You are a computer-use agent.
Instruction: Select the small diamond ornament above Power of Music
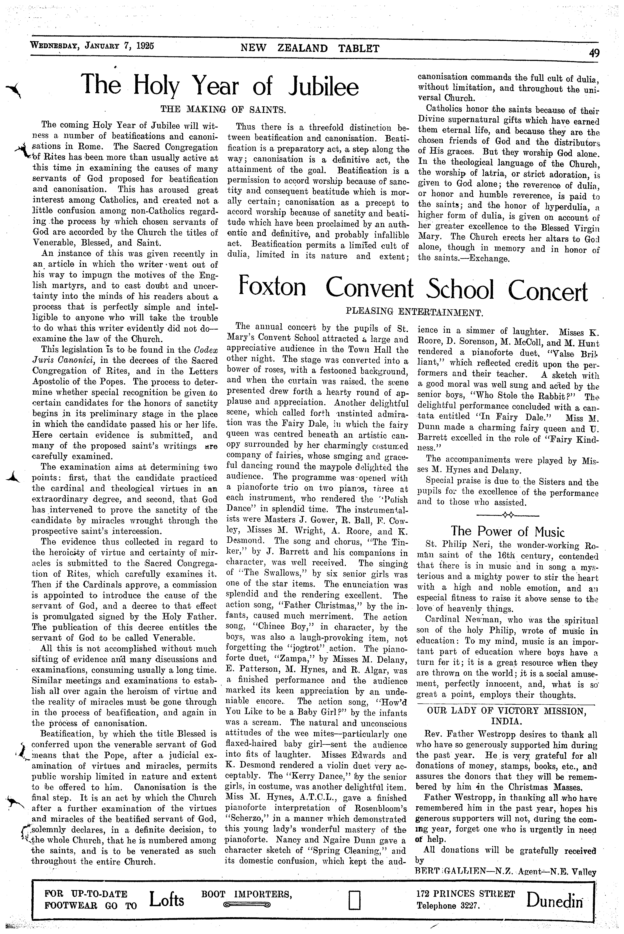point(507,515)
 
